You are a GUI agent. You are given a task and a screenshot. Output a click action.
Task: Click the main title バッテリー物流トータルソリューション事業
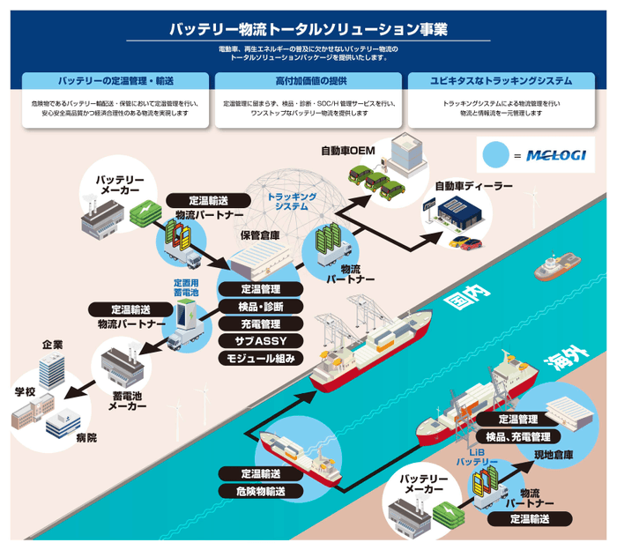coord(308,28)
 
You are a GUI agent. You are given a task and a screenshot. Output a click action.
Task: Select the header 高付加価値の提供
coord(308,80)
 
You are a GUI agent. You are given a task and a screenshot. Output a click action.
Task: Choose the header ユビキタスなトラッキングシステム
coord(501,80)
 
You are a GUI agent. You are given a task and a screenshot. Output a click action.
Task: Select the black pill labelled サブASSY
coord(260,340)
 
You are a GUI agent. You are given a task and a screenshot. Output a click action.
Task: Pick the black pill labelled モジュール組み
coord(260,358)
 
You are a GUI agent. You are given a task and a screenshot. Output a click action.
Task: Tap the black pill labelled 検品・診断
coord(260,306)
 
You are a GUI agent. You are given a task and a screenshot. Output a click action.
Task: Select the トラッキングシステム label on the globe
coord(291,200)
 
